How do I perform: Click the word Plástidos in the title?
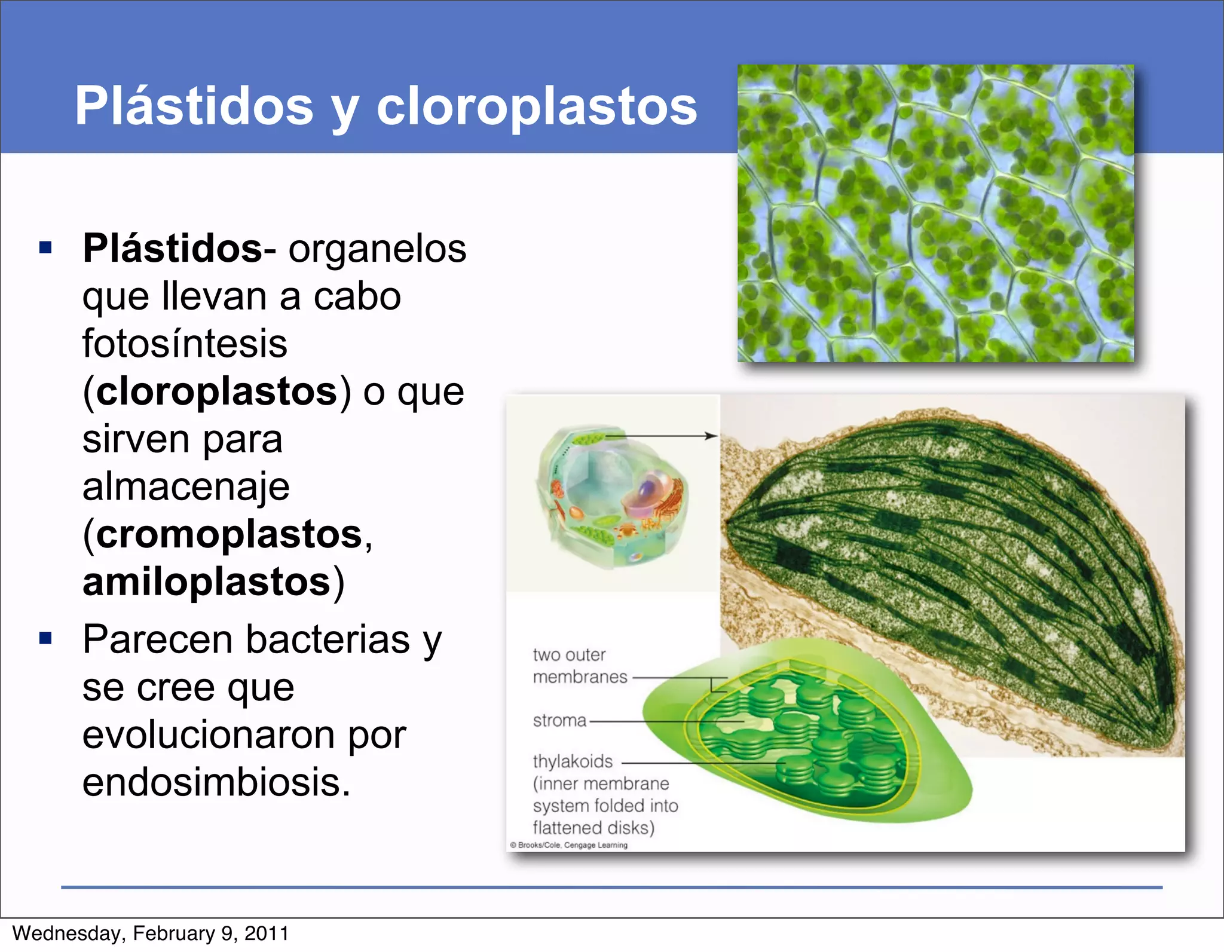[194, 106]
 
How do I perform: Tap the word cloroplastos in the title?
[536, 106]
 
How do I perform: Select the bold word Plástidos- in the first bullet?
[179, 248]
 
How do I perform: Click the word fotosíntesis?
[185, 344]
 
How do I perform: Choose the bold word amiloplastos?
[207, 581]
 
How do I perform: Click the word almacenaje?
[186, 486]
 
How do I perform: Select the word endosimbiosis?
[216, 782]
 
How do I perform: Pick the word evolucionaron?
[244, 734]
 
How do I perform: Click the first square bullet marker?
[45, 247]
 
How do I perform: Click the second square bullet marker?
[45, 638]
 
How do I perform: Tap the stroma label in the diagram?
[559, 721]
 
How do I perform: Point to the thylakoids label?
[573, 761]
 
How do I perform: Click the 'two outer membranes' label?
[580, 666]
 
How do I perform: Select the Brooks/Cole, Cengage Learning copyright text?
[569, 845]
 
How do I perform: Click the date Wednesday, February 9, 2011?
[151, 933]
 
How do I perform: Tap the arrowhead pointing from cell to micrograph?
[711, 436]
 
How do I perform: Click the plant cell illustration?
[613, 496]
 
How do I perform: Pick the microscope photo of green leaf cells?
[935, 213]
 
